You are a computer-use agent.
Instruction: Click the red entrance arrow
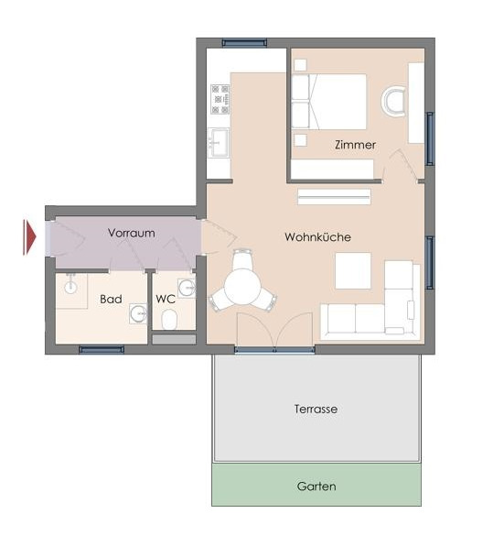[30, 237]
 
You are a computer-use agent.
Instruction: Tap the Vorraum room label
[132, 233]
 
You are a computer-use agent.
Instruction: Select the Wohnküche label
[318, 237]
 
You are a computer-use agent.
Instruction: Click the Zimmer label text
[355, 145]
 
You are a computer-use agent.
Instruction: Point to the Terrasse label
[316, 409]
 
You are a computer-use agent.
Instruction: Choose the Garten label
[316, 487]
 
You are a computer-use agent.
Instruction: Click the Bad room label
[111, 299]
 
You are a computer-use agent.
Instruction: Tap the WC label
[166, 299]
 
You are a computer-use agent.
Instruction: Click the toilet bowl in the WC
[169, 319]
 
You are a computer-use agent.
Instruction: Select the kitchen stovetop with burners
[220, 99]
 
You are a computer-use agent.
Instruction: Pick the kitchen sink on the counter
[218, 142]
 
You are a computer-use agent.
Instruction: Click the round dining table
[242, 287]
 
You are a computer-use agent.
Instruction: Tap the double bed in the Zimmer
[329, 102]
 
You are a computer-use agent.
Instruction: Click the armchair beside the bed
[394, 102]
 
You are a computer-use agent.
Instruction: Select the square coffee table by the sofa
[353, 271]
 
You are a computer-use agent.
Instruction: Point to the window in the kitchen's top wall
[244, 43]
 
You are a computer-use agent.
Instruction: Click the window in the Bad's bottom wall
[102, 349]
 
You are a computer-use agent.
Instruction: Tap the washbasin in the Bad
[138, 313]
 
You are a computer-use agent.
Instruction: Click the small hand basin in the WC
[187, 288]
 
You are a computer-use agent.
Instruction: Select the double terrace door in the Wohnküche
[275, 331]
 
